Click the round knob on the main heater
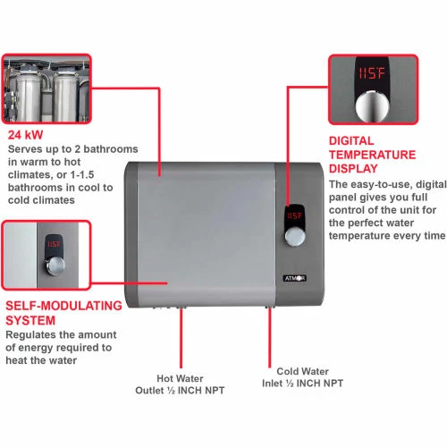(296, 239)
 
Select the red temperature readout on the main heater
(296, 215)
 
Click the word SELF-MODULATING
(63, 306)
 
